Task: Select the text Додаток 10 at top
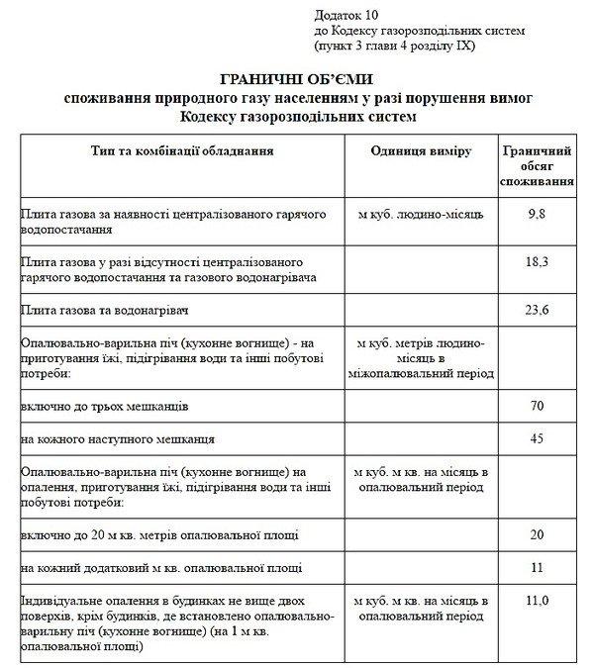click(346, 16)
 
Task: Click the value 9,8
click(536, 213)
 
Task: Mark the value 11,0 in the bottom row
click(536, 600)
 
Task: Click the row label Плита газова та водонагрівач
click(100, 311)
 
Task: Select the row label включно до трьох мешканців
click(103, 407)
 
